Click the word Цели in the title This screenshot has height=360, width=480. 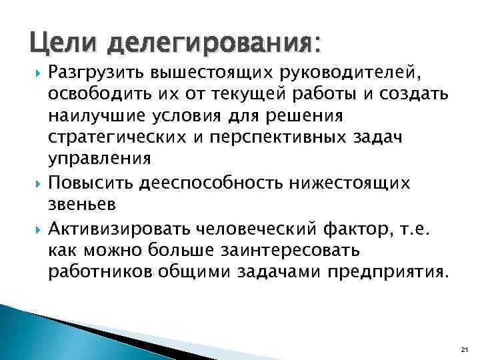[x=63, y=45]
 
